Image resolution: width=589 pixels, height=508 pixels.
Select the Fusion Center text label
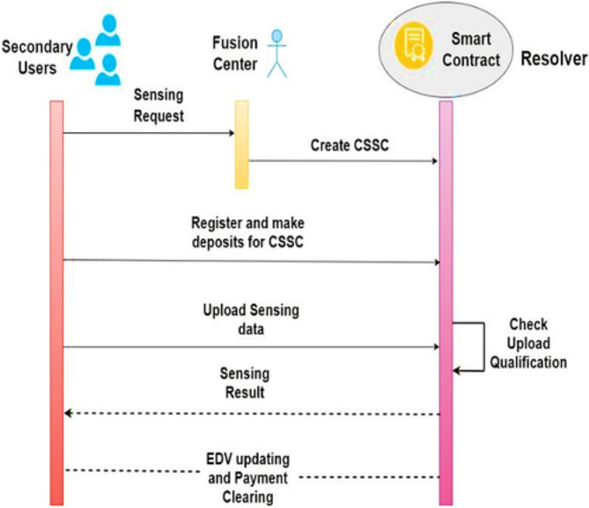tap(235, 53)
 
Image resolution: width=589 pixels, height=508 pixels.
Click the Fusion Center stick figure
tap(278, 53)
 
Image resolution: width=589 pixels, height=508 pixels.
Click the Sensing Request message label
tap(159, 103)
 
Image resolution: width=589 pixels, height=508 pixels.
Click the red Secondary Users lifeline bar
tap(56, 299)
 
